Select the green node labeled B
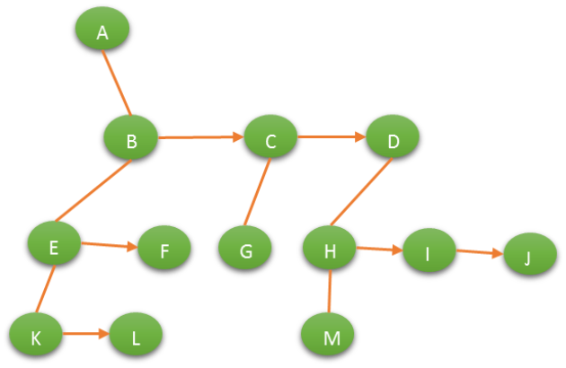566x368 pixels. pos(130,138)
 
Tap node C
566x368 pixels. pos(270,138)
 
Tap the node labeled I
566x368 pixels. pos(429,250)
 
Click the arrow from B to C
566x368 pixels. pos(200,137)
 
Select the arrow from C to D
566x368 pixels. pos(332,137)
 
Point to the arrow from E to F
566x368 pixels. pos(109,244)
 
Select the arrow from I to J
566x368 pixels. pos(479,252)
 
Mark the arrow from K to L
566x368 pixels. pos(85,334)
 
